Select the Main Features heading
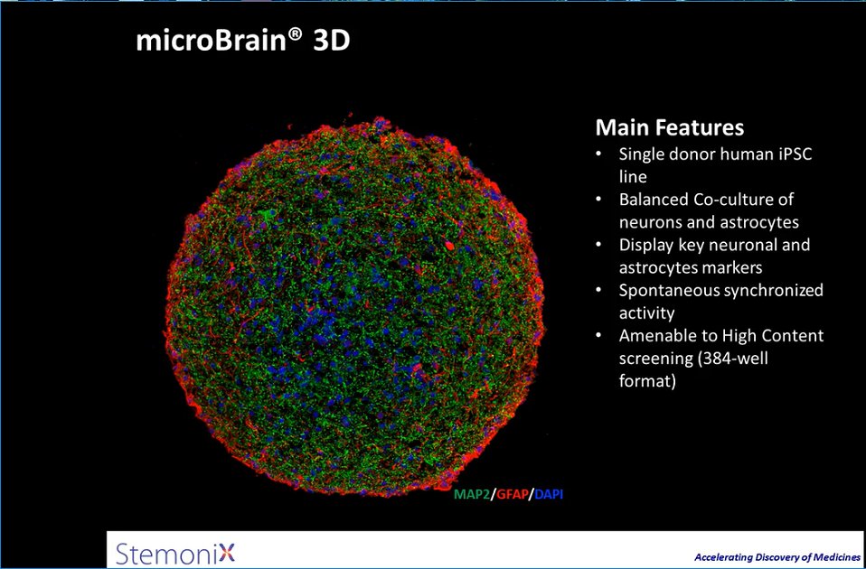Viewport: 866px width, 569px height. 670,126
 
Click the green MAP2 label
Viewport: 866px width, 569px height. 471,494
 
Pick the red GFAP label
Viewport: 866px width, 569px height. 511,494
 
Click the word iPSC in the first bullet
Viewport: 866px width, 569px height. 793,154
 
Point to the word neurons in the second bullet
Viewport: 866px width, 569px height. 650,221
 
